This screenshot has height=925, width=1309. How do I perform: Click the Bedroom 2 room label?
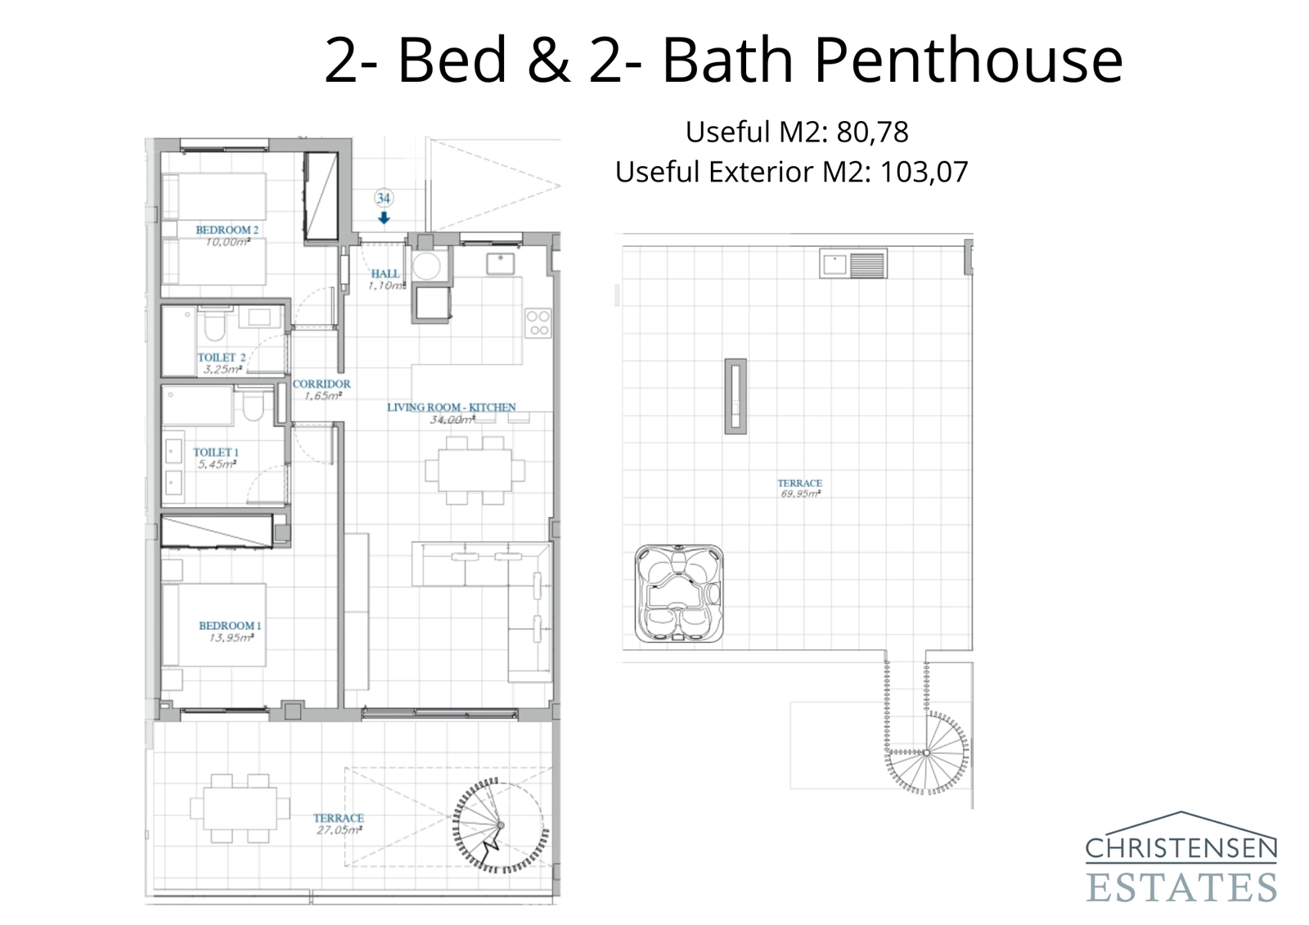[227, 230]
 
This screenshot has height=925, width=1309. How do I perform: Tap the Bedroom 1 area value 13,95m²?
[231, 638]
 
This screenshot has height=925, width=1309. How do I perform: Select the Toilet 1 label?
[215, 452]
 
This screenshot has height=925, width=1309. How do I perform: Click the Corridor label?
[322, 384]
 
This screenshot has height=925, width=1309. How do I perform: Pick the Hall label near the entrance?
[385, 274]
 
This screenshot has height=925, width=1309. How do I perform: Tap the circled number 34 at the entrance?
[383, 198]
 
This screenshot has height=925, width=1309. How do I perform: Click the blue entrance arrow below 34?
[383, 218]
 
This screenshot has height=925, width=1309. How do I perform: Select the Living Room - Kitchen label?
[451, 406]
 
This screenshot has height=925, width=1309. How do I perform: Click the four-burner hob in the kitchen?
[538, 322]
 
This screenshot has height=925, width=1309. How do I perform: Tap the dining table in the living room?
[475, 470]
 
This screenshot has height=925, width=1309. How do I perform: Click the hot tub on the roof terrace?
[679, 593]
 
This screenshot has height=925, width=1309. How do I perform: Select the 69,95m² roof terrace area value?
[799, 494]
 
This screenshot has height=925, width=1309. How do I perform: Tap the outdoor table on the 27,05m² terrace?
[240, 808]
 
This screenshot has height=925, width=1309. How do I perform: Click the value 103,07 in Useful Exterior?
[924, 172]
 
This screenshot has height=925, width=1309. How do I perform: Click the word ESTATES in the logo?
[1181, 887]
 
